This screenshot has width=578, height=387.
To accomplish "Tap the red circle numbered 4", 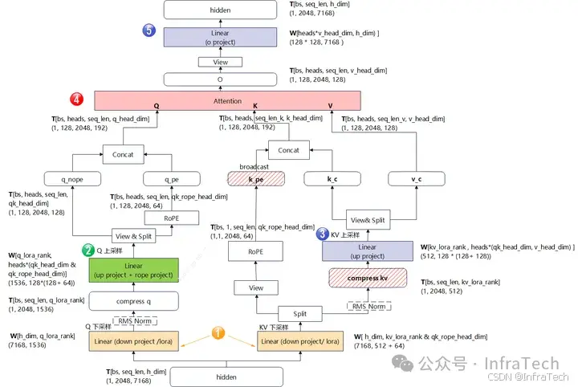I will click(76, 100).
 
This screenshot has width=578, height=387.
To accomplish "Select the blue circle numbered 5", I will click(149, 31).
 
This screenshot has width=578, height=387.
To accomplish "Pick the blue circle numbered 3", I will click(322, 234).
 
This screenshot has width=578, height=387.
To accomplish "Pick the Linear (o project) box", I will click(220, 36).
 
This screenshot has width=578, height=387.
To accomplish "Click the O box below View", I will click(220, 79).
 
